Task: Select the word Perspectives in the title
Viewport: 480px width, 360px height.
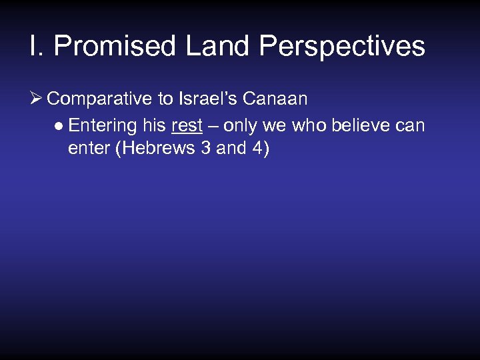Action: tap(342, 47)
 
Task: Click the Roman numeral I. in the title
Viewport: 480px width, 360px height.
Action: tap(36, 47)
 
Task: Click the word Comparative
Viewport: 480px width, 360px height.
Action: tap(100, 99)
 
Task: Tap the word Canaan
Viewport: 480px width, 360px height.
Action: tap(275, 99)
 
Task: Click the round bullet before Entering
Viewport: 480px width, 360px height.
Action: tap(59, 126)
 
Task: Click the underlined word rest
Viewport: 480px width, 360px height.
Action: tap(187, 125)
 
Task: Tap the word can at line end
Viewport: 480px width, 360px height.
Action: tap(411, 125)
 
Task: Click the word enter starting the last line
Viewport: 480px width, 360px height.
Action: tap(89, 148)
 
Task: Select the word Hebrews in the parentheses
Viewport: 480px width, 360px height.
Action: tap(155, 148)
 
